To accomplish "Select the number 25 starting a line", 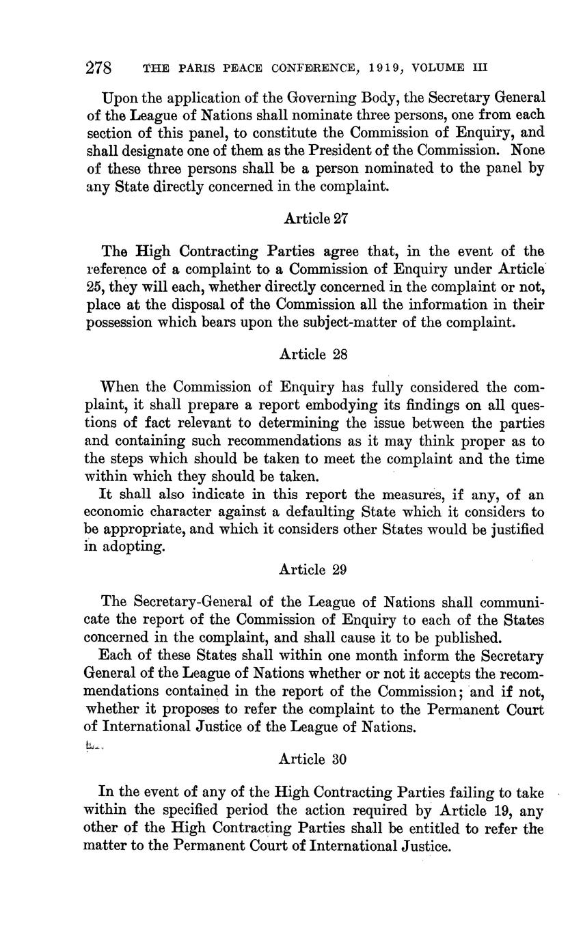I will [94, 287].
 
